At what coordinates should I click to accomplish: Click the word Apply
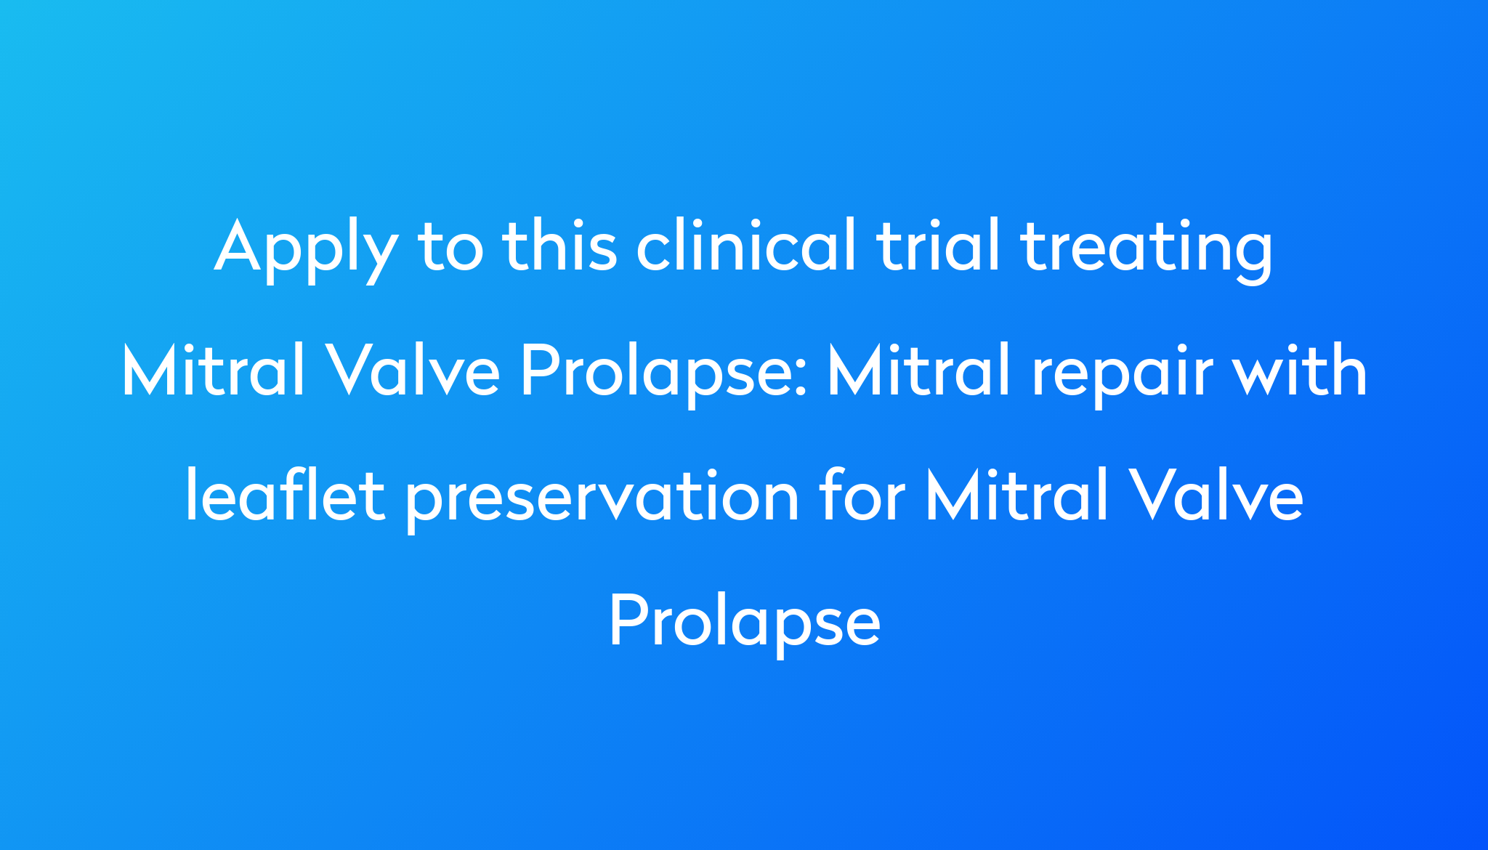[306, 251]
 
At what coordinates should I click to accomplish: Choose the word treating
[1147, 251]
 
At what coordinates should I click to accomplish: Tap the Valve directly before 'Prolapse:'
[412, 370]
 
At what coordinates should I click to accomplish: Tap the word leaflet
[285, 495]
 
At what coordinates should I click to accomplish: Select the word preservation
[602, 500]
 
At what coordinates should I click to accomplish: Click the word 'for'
[862, 495]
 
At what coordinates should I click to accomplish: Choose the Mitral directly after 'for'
[1016, 495]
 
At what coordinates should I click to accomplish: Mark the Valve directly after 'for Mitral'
[1216, 495]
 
